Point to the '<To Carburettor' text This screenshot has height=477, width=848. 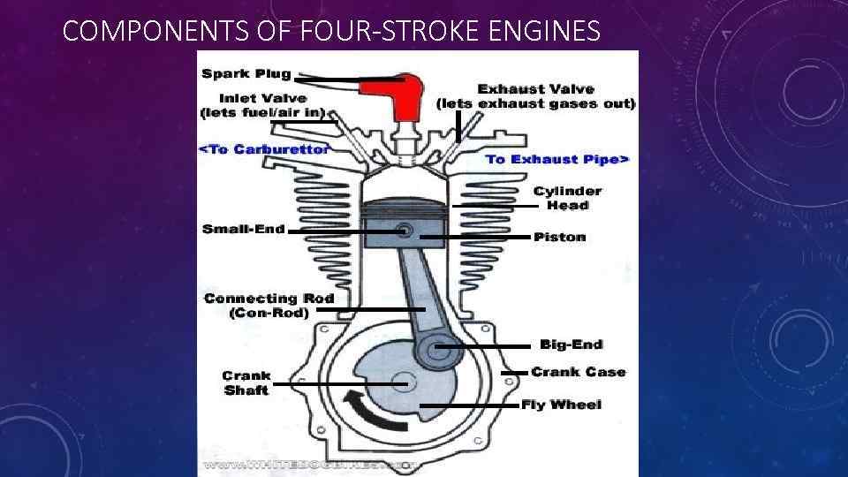point(264,148)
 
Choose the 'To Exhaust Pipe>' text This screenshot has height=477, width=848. point(557,159)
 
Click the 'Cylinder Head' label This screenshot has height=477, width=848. point(567,198)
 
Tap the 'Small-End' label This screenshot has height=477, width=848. point(244,229)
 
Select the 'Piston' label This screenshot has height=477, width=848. point(559,237)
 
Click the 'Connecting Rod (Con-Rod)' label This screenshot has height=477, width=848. point(269,306)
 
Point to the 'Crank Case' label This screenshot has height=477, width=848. point(578,372)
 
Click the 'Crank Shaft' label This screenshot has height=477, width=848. point(246,382)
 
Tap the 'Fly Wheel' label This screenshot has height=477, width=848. point(561,405)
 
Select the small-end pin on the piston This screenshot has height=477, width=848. point(405,231)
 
